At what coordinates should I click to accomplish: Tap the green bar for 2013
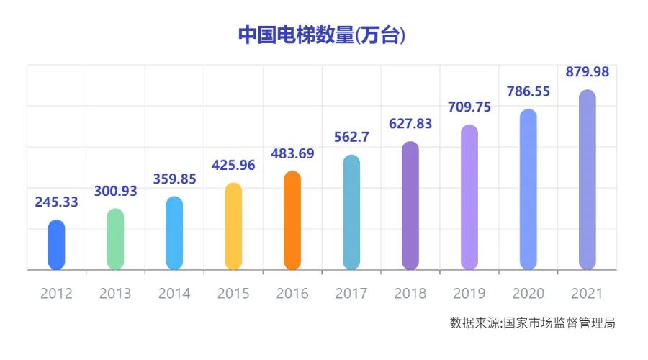[x=115, y=239]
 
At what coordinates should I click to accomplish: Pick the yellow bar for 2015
[x=233, y=226]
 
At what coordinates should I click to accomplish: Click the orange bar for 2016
[x=292, y=220]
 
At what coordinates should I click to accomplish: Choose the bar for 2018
[x=410, y=206]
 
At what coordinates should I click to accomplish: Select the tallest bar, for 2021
[x=588, y=180]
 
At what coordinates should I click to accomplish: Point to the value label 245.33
[x=56, y=202]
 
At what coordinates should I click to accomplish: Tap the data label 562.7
[x=351, y=138]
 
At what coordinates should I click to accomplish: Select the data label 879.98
[x=588, y=72]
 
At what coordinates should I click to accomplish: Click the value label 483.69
[x=292, y=153]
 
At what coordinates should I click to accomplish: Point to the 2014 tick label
[x=174, y=294]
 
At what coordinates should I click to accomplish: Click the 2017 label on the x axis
[x=351, y=294]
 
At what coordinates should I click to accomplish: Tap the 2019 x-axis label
[x=469, y=294]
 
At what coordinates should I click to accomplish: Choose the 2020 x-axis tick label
[x=528, y=294]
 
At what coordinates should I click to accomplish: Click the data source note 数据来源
[x=532, y=323]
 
